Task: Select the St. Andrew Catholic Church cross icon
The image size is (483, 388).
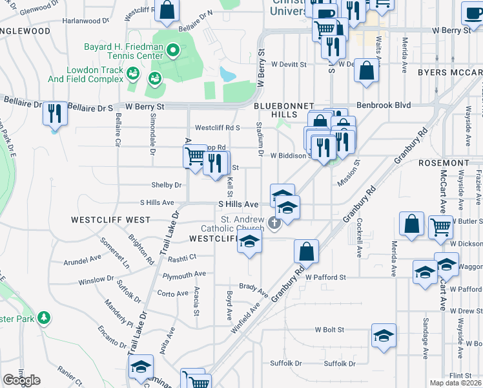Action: tap(274, 224)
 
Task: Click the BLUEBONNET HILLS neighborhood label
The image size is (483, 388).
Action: tap(283, 110)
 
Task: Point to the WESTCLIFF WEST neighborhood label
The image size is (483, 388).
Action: tap(110, 220)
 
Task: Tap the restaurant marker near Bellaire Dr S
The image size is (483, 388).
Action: tap(54, 114)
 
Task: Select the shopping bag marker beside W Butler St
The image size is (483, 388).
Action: tap(411, 224)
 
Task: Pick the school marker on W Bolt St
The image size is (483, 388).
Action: tap(384, 336)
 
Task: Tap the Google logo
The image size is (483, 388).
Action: tap(21, 380)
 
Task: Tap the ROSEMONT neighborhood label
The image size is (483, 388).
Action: tap(443, 163)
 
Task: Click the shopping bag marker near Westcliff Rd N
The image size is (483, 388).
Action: tap(167, 10)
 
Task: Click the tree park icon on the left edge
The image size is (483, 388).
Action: tap(43, 318)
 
